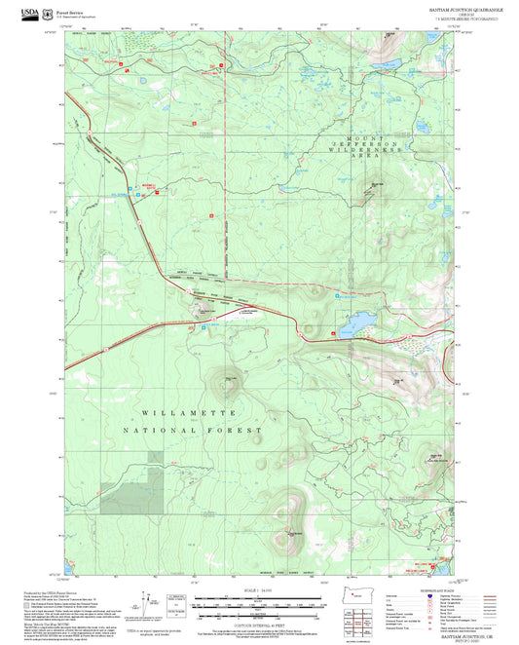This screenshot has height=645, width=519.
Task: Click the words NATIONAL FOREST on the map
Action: [x=193, y=431]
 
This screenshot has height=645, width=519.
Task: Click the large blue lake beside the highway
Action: [x=356, y=322]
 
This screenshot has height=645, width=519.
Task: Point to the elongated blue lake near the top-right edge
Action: [x=386, y=64]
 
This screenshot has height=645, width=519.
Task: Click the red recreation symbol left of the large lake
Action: [x=333, y=333]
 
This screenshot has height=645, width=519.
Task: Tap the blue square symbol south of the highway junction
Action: [x=204, y=327]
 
